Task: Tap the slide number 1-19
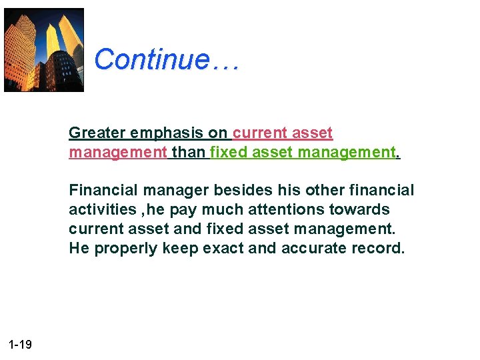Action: click(21, 345)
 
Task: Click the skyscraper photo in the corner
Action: click(44, 50)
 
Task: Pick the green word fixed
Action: click(227, 153)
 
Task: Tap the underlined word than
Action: click(189, 153)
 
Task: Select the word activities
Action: click(102, 209)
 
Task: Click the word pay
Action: click(183, 210)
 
